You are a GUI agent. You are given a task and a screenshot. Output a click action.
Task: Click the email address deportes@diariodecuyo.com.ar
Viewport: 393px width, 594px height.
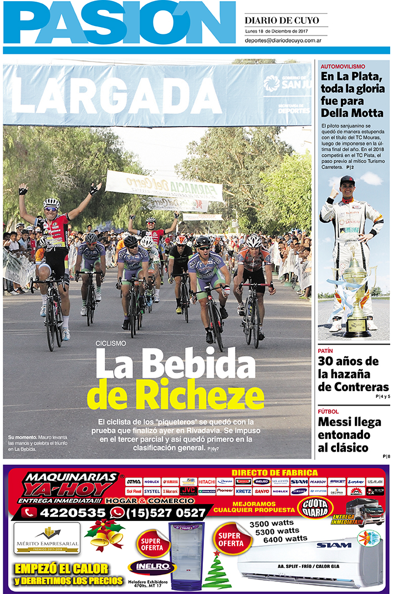[284, 40]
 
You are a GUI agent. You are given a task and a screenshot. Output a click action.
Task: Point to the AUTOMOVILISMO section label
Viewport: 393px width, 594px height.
[343, 66]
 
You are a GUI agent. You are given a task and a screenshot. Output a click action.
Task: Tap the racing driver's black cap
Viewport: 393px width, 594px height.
[348, 180]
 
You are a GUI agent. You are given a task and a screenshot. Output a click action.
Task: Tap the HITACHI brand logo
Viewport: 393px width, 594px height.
[207, 482]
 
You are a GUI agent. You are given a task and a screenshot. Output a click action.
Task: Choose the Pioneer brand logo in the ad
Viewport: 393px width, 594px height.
[225, 491]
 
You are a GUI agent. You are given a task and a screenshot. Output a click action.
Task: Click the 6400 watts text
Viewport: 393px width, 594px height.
[285, 539]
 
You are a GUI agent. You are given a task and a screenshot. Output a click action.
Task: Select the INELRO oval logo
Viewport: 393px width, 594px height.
[152, 567]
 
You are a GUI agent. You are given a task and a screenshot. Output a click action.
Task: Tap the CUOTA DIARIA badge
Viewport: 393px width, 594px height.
[315, 508]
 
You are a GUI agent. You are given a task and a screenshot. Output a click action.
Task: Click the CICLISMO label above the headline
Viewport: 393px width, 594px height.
[111, 344]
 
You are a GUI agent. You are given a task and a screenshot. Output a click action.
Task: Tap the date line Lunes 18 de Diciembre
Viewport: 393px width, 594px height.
[276, 32]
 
